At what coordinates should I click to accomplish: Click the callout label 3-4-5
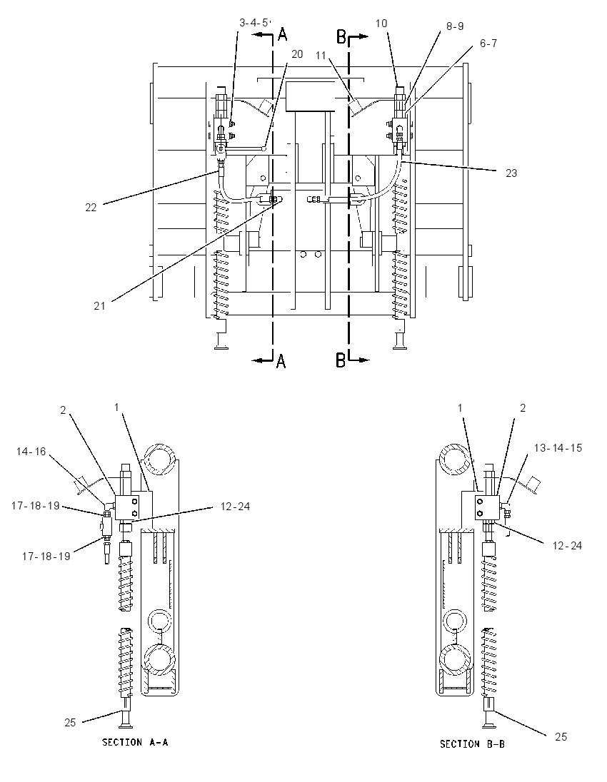point(254,22)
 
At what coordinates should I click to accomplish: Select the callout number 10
point(381,24)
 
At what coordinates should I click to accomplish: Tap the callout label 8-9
point(455,26)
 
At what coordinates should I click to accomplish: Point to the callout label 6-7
point(488,44)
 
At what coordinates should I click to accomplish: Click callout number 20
point(297,54)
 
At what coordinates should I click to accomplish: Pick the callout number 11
point(321,56)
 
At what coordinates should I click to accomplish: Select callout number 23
point(511,173)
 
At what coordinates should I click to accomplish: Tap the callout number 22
point(91,207)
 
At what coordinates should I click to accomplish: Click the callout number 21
point(100,305)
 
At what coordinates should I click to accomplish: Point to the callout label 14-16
point(31,452)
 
